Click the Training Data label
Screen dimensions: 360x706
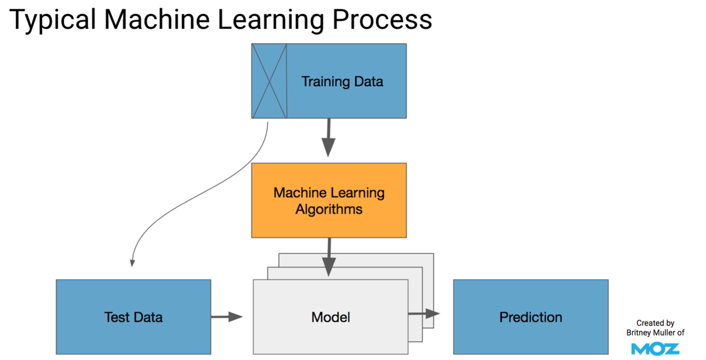[x=342, y=81]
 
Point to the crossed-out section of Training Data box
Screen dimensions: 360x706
[x=269, y=81]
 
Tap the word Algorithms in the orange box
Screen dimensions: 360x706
[x=329, y=209]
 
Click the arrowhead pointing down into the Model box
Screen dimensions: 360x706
[x=329, y=267]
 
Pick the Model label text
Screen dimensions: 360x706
[x=330, y=317]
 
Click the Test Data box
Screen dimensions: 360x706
[x=133, y=317]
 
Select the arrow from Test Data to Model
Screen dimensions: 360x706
[x=226, y=317]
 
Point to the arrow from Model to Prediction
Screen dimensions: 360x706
[x=424, y=313]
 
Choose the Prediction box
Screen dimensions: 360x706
[x=530, y=317]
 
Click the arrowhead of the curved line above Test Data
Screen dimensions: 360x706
[x=132, y=263]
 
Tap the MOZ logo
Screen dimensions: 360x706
[x=655, y=349]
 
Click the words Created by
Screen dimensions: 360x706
[x=655, y=323]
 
